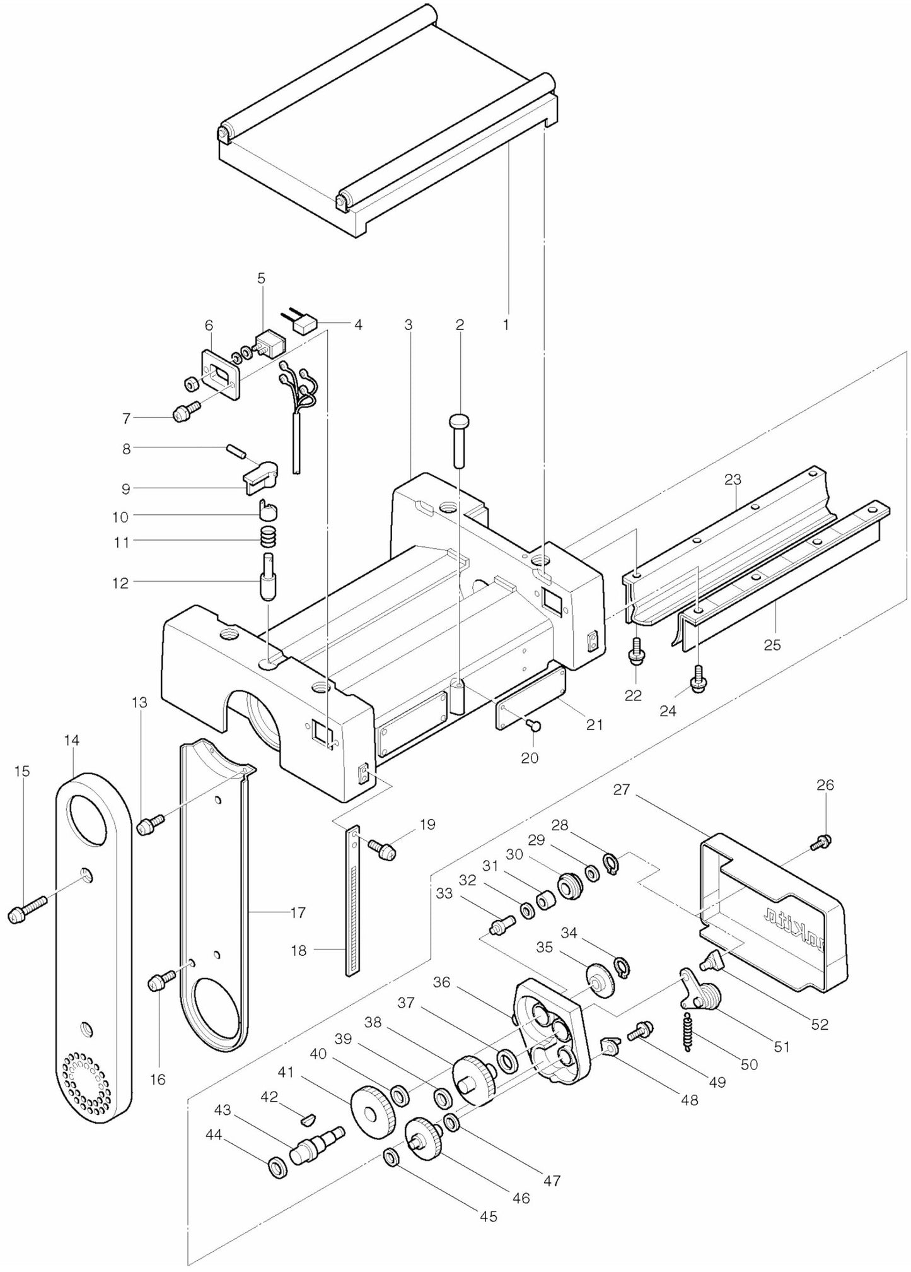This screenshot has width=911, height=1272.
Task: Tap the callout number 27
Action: coord(622,789)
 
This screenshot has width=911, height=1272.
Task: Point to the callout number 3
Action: coord(409,325)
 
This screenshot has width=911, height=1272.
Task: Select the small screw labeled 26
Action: coord(824,840)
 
